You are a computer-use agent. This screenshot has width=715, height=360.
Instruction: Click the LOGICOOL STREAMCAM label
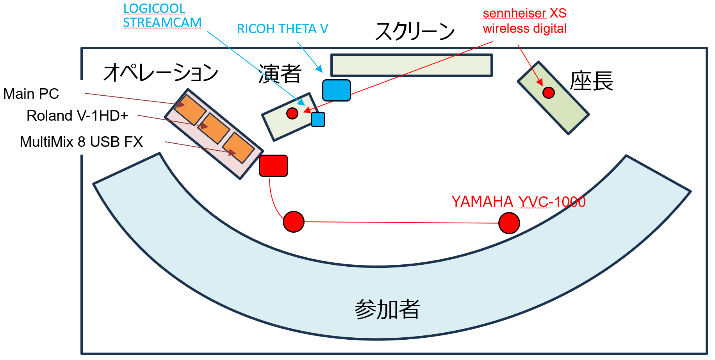162,16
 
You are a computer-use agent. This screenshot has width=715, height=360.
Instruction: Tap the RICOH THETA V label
282,29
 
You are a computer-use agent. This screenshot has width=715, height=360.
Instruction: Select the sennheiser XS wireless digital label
524,21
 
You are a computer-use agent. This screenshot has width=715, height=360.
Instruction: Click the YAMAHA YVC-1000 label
518,202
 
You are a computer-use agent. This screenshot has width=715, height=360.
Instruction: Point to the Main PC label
31,94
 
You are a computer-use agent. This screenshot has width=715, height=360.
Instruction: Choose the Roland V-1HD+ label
77,116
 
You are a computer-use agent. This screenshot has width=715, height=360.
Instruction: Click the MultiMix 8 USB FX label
81,142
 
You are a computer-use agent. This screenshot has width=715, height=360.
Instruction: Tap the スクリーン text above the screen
415,31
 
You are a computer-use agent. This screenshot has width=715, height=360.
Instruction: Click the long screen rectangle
411,65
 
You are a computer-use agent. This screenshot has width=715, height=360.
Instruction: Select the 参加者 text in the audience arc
387,310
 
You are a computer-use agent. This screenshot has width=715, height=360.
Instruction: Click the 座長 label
591,82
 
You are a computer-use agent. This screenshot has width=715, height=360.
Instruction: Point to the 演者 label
280,74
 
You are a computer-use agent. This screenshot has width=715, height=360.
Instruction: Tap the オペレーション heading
160,73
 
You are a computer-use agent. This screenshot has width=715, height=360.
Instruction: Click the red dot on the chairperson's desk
548,93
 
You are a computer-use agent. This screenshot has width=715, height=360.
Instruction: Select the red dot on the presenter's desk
292,113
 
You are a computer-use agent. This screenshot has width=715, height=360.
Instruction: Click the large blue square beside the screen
336,91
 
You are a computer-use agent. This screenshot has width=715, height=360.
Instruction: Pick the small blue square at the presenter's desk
318,119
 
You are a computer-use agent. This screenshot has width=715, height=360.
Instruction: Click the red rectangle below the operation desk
273,166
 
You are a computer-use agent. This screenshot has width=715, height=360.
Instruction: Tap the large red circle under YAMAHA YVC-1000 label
509,223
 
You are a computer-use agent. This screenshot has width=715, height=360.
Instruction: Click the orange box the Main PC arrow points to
190,109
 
